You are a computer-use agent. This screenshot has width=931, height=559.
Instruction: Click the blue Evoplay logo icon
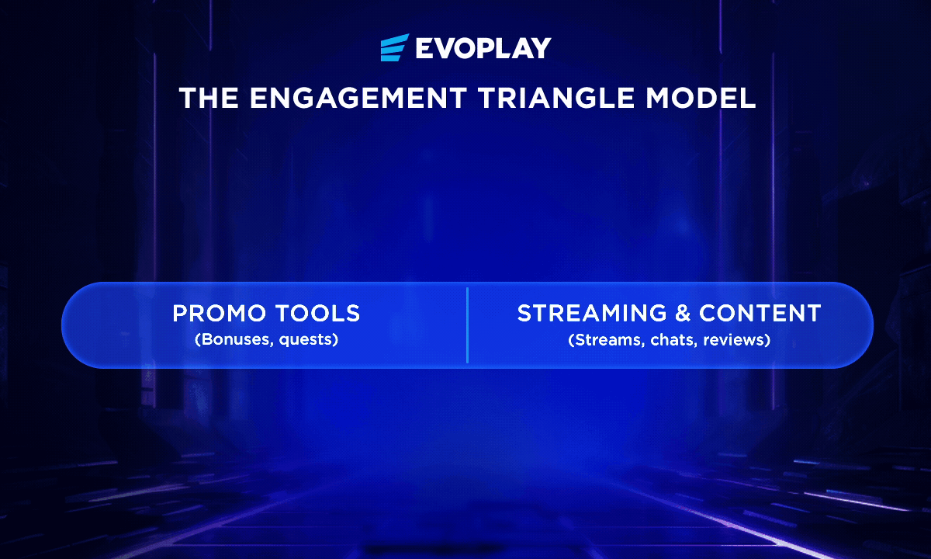(394, 47)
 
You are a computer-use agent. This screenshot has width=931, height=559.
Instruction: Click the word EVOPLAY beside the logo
(483, 48)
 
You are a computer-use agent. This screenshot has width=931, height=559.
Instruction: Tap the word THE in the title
(209, 98)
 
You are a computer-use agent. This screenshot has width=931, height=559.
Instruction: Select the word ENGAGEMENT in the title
(358, 98)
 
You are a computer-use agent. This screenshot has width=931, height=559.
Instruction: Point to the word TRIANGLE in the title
(556, 98)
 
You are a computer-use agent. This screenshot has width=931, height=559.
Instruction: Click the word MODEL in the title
(701, 98)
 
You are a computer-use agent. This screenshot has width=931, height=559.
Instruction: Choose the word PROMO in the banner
(219, 313)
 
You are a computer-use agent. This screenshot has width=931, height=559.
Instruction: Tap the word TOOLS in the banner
(317, 313)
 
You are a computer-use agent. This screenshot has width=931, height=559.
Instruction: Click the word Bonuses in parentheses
(234, 339)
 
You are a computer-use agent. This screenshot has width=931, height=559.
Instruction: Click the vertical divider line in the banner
(468, 325)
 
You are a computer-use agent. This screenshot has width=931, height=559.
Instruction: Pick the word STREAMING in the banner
(592, 313)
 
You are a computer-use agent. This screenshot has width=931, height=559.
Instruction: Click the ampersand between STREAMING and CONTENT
(683, 313)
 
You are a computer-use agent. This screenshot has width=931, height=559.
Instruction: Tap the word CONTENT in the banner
(760, 313)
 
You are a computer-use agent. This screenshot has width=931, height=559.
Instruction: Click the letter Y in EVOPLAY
(540, 48)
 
